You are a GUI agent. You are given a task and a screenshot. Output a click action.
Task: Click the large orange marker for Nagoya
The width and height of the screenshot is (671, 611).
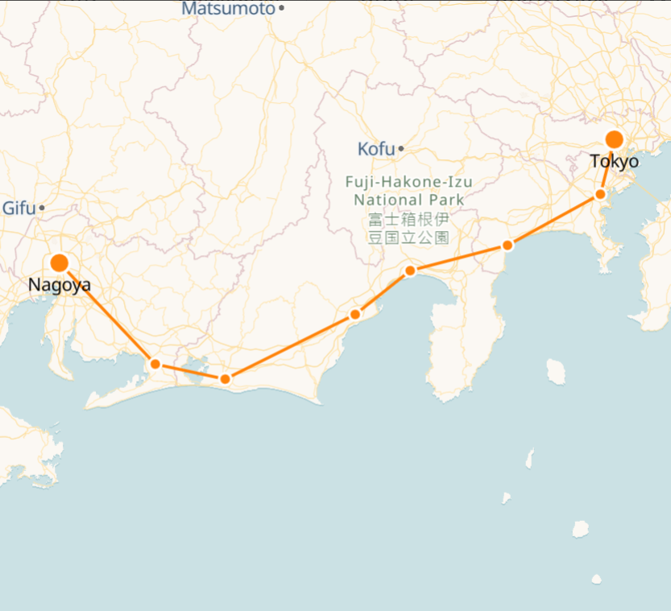click(59, 263)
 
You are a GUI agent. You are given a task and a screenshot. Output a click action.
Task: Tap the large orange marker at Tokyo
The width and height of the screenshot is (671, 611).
click(614, 139)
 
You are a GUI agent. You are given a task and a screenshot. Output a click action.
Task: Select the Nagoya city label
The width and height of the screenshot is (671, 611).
click(59, 285)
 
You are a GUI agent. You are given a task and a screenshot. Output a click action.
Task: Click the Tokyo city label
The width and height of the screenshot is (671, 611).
click(614, 162)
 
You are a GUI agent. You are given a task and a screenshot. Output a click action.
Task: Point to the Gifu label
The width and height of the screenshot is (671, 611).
click(18, 208)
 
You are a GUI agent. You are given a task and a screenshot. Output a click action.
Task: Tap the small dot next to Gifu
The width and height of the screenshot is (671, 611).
click(42, 208)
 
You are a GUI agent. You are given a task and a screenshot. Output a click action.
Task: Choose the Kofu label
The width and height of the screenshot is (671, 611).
click(376, 149)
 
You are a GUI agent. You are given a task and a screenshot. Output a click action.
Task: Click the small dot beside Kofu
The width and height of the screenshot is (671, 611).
click(400, 149)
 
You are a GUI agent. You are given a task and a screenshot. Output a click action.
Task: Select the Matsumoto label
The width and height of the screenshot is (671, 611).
click(228, 9)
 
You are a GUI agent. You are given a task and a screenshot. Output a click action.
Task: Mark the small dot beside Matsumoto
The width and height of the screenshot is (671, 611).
click(281, 9)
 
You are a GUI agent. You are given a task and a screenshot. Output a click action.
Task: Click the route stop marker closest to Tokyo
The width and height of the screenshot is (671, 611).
click(600, 194)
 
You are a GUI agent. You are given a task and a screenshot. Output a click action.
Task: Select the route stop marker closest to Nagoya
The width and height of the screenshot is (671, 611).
click(155, 364)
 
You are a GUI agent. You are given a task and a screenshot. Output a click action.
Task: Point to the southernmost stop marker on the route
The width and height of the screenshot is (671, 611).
click(225, 378)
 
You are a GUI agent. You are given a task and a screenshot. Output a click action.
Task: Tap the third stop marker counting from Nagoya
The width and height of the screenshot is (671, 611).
click(354, 314)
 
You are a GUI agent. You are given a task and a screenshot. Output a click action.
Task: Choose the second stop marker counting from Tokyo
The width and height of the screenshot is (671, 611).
click(507, 245)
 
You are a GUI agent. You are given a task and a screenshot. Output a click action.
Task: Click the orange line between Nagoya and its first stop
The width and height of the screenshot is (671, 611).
click(106, 313)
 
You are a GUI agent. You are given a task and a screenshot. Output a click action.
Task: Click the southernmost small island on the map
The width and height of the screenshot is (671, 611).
click(596, 579)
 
